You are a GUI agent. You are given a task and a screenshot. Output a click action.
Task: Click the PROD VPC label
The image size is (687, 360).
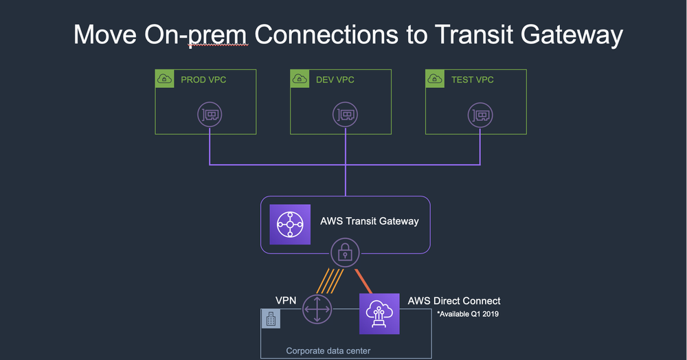pyautogui.click(x=203, y=80)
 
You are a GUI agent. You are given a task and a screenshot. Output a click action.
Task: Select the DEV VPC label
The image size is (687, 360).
pyautogui.click(x=335, y=80)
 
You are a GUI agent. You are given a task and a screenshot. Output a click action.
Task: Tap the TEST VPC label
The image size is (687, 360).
pyautogui.click(x=472, y=80)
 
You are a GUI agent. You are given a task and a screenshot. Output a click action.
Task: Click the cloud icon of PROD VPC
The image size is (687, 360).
pyautogui.click(x=165, y=80)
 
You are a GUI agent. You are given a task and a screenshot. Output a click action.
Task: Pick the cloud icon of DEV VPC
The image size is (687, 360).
pyautogui.click(x=300, y=80)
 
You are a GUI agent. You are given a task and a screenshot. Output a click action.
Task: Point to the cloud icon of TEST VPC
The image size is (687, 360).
pyautogui.click(x=436, y=80)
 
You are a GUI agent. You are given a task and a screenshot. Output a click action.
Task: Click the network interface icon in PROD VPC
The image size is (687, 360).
pyautogui.click(x=210, y=114)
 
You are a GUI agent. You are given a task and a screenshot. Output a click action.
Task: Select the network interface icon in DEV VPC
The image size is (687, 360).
pyautogui.click(x=345, y=114)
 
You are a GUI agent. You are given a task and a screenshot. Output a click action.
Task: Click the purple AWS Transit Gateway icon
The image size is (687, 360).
pyautogui.click(x=290, y=224)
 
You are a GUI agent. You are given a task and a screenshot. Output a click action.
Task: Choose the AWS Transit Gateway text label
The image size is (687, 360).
pyautogui.click(x=369, y=221)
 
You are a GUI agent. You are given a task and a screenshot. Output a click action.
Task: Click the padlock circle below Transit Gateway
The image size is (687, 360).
pyautogui.click(x=345, y=254)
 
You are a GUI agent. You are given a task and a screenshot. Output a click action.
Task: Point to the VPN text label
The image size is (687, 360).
pyautogui.click(x=286, y=300)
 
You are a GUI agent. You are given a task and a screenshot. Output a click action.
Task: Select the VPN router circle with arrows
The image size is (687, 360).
pyautogui.click(x=316, y=308)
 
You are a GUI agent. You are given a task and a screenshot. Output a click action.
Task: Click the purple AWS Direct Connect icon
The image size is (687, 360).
pyautogui.click(x=379, y=313)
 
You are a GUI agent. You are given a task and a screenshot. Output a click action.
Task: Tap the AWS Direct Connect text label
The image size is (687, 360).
pyautogui.click(x=453, y=301)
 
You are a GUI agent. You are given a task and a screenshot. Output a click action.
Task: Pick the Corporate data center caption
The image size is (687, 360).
pyautogui.click(x=328, y=351)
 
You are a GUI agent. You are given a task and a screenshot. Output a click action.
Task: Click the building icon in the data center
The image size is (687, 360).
pyautogui.click(x=271, y=318)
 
